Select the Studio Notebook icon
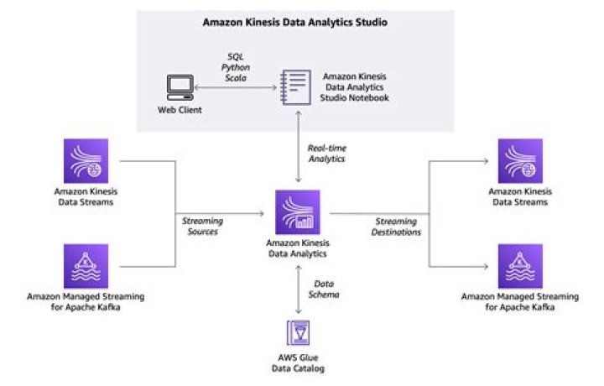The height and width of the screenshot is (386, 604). pyautogui.click(x=294, y=86)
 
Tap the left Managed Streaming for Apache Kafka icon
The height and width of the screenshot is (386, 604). pyautogui.click(x=86, y=266)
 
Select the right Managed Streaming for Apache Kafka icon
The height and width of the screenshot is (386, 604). pyautogui.click(x=519, y=266)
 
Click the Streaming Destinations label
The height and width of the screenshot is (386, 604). pyautogui.click(x=396, y=226)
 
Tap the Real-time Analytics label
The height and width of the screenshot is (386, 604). pyautogui.click(x=326, y=152)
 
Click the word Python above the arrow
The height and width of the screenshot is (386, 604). pyautogui.click(x=235, y=66)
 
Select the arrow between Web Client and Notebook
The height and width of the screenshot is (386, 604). pyautogui.click(x=235, y=86)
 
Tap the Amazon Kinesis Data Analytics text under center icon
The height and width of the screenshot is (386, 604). pyautogui.click(x=296, y=248)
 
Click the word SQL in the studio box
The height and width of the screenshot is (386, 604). pyautogui.click(x=235, y=56)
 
